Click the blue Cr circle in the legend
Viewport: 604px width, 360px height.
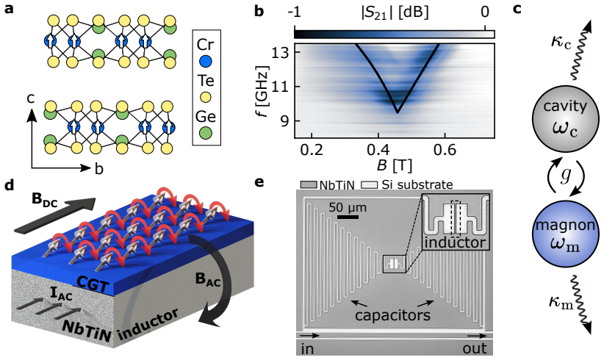(x=206, y=61)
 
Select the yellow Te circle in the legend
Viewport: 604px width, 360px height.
(x=206, y=98)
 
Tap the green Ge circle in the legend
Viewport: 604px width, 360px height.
(x=206, y=133)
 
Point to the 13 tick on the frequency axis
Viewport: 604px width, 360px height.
(x=281, y=53)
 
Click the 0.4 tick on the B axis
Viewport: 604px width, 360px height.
(x=378, y=149)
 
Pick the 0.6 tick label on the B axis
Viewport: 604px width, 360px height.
(x=445, y=149)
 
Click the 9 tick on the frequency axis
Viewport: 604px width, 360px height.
(x=285, y=121)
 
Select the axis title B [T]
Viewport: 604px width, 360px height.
(x=394, y=165)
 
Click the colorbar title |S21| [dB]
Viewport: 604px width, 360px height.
(x=395, y=12)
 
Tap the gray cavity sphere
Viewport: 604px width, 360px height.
(x=565, y=118)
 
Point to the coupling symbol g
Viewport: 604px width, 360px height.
(x=566, y=176)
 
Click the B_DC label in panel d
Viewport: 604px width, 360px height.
(x=45, y=201)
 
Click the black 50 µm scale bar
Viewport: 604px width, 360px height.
(x=348, y=218)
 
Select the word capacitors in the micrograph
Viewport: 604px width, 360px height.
(x=392, y=315)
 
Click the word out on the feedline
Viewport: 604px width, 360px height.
(x=475, y=348)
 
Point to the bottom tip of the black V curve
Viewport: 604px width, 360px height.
(x=397, y=112)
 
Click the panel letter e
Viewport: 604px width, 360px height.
(x=259, y=182)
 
